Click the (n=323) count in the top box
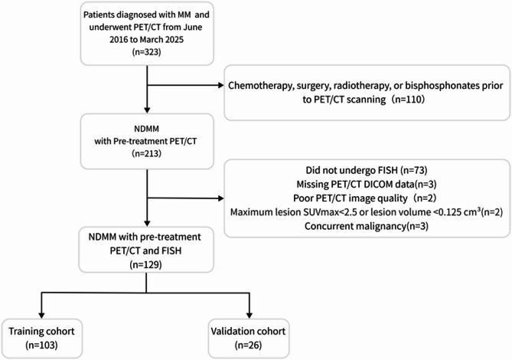tap(147, 52)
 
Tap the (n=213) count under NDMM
tap(147, 153)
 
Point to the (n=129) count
tap(146, 264)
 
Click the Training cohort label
tap(41, 331)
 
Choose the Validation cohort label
tap(248, 331)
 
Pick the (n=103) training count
tap(41, 345)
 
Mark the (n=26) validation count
tap(248, 345)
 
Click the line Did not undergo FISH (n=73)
tap(367, 170)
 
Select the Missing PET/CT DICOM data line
tap(367, 185)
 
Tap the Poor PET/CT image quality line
tap(364, 198)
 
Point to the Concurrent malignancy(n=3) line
tap(367, 226)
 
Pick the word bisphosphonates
tap(440, 86)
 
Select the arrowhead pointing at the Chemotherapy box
tap(221, 85)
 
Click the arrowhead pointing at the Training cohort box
tap(41, 316)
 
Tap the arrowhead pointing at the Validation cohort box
tap(249, 316)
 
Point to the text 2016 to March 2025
tap(147, 40)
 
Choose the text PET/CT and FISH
tap(145, 251)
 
